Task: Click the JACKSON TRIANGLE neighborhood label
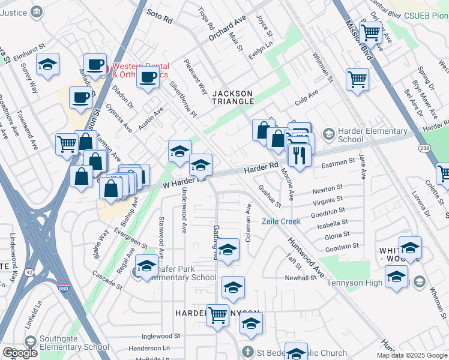[x=233, y=97]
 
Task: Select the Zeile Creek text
[x=280, y=221]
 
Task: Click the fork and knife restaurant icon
[x=298, y=155]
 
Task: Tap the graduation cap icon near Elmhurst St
[x=47, y=64]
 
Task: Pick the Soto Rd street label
[x=159, y=19]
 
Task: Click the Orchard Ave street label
[x=228, y=28]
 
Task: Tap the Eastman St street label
[x=339, y=163]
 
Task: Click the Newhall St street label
[x=300, y=278]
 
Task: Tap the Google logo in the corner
[x=20, y=353]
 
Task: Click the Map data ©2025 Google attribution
[x=412, y=355]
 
